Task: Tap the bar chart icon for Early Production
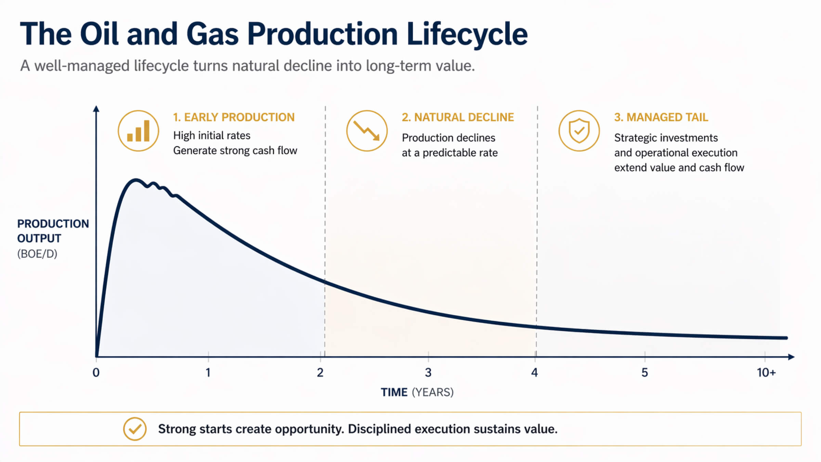[139, 131]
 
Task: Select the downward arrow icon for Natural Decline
[367, 131]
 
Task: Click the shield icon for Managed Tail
[579, 131]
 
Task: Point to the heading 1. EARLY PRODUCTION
[234, 117]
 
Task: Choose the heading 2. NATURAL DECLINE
[458, 117]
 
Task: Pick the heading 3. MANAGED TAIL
[661, 117]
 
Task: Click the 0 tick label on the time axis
[96, 372]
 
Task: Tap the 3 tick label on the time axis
[428, 372]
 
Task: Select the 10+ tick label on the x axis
[766, 372]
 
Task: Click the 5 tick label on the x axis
[644, 372]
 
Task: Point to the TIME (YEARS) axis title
[417, 392]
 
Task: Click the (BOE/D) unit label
[37, 254]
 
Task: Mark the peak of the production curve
[136, 180]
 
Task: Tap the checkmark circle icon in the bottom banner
[135, 429]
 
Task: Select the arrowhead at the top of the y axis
[96, 109]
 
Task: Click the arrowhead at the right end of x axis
[791, 357]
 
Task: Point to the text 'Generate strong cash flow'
[235, 151]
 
